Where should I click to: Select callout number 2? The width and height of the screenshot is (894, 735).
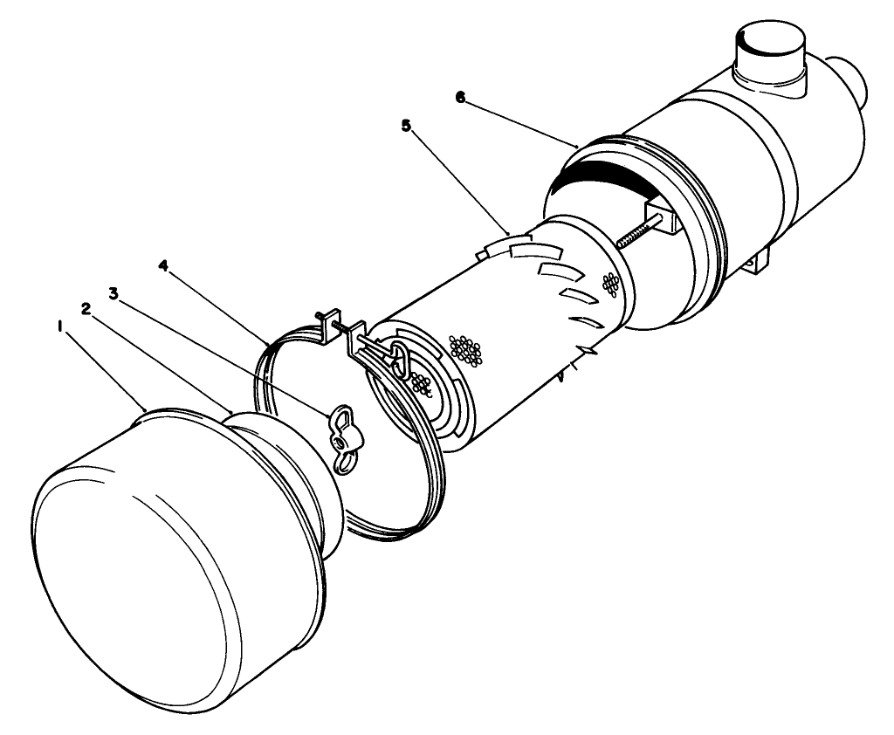[x=86, y=308]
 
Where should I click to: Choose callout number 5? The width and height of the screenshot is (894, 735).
[x=405, y=126]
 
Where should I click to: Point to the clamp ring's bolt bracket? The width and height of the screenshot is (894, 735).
[x=333, y=326]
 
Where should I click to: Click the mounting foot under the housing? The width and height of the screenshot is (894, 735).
[x=758, y=259]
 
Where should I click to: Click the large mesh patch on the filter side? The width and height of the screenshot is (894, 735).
[x=465, y=350]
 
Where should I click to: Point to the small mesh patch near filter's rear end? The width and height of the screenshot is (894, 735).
[x=611, y=282]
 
